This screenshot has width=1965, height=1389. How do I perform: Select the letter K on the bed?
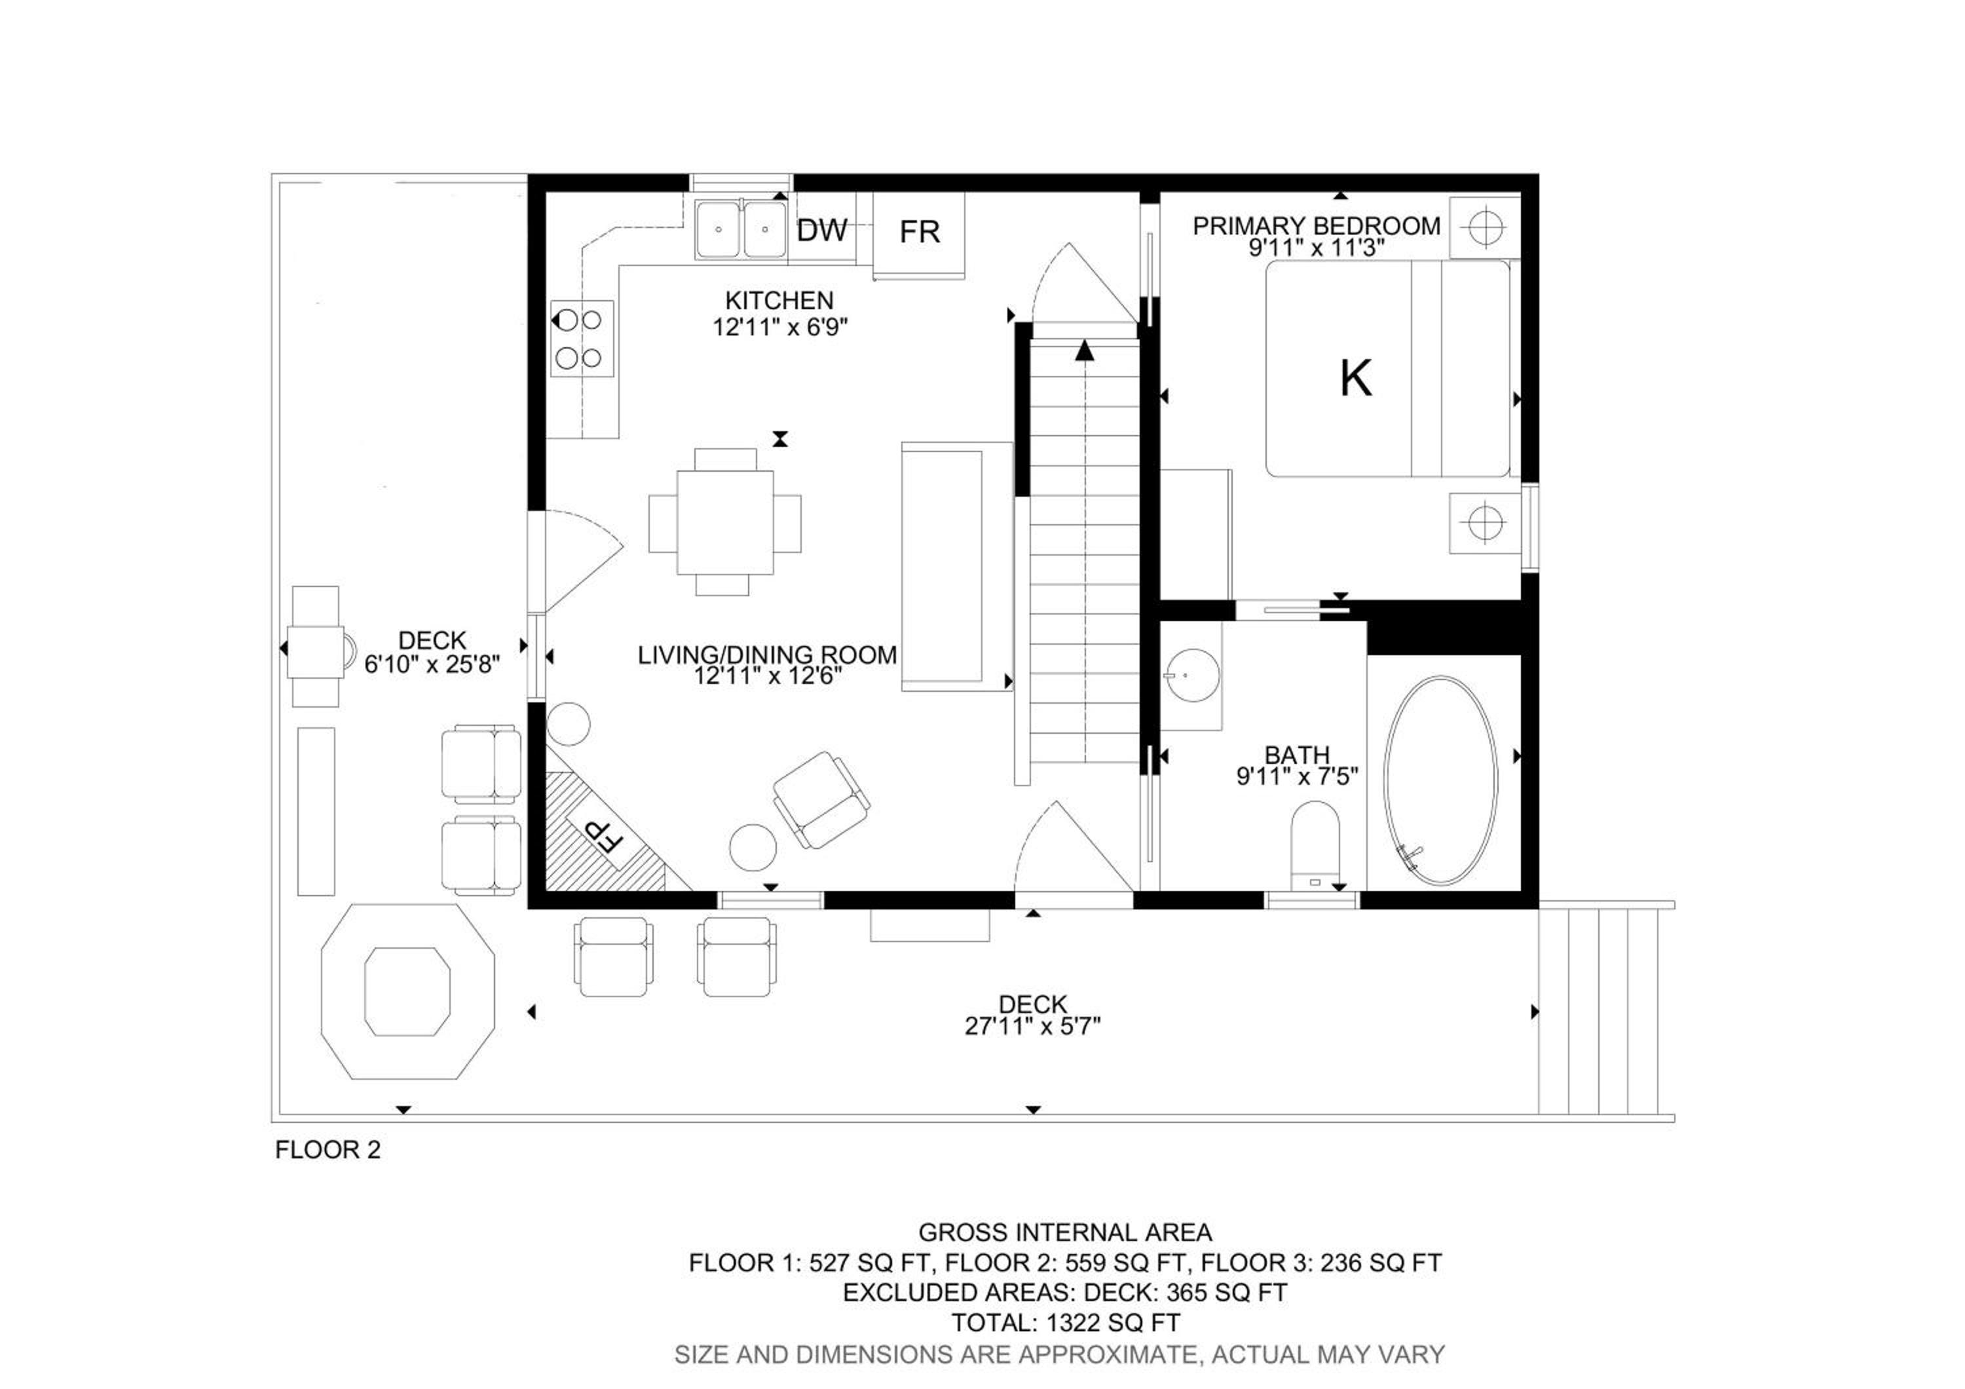(x=1356, y=377)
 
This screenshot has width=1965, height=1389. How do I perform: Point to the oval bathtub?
(x=1440, y=780)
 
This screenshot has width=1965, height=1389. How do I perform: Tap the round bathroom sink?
(x=1191, y=675)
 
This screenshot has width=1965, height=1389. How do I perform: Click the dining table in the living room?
(x=725, y=523)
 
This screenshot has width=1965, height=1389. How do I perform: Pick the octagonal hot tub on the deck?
(x=407, y=991)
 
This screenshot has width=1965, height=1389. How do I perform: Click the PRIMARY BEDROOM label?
(x=1317, y=226)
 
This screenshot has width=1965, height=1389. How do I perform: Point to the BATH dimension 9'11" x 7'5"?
(x=1298, y=776)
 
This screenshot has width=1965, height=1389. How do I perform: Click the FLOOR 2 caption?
(x=327, y=1149)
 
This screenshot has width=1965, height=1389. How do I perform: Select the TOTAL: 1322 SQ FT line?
(x=1066, y=1322)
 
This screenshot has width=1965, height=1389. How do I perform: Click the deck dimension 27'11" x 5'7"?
(x=1032, y=1025)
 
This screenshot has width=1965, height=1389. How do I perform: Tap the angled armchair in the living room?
(x=821, y=800)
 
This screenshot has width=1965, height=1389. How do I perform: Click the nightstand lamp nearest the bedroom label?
(x=1485, y=227)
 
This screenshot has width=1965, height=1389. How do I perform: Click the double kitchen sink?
(x=741, y=229)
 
